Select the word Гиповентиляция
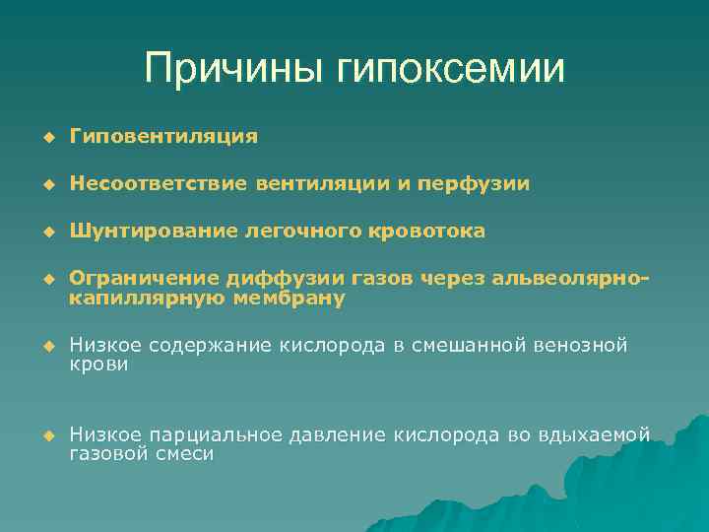(163, 136)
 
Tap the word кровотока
(429, 231)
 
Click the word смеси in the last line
(186, 452)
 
